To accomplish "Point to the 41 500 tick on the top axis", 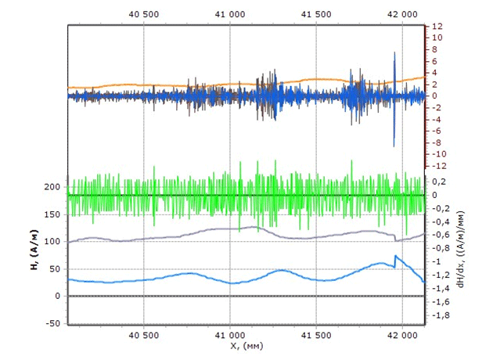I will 315,15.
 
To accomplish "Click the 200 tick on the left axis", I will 52,187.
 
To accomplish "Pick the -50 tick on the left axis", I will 52,323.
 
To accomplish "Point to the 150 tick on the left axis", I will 52,214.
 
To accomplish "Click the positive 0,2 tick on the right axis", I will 440,181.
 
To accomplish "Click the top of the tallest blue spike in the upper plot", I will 394,52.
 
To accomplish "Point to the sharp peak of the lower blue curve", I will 395,256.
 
